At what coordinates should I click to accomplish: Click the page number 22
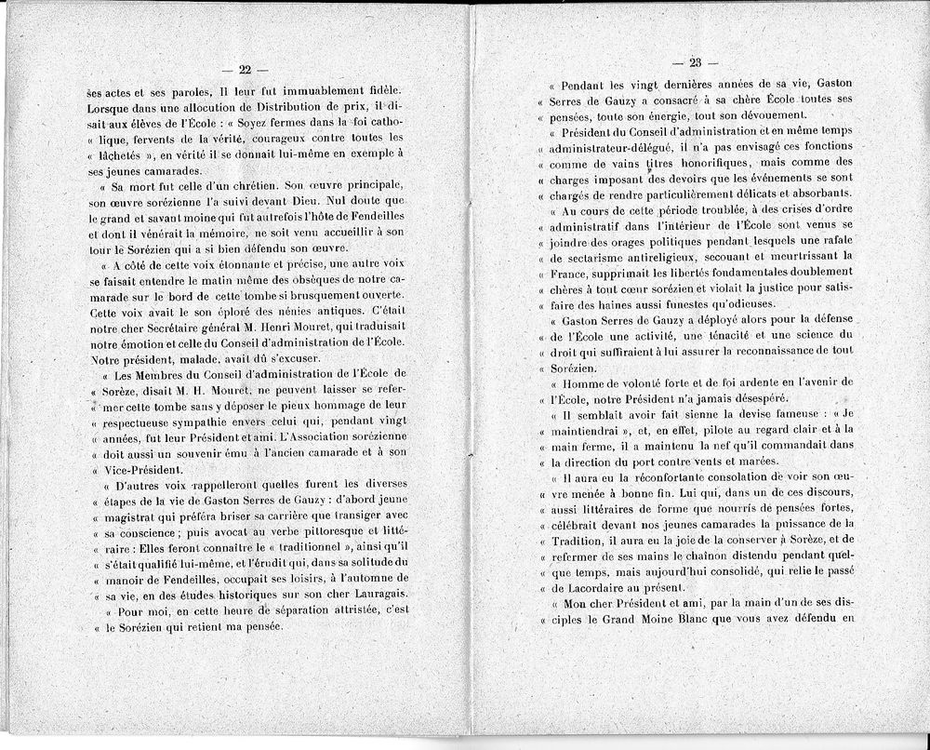point(246,70)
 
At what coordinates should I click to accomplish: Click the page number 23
point(696,63)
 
